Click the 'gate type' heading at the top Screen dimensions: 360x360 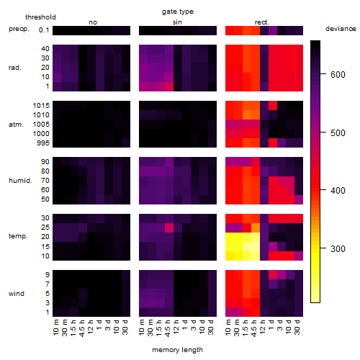(x=178, y=12)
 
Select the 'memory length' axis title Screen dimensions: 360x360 (x=177, y=350)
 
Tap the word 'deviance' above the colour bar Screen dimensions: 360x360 (x=341, y=29)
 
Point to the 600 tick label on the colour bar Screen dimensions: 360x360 (x=338, y=75)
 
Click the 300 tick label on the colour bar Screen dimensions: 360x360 (x=338, y=248)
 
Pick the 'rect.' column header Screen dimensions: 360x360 (x=261, y=22)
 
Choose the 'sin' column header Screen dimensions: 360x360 (x=177, y=22)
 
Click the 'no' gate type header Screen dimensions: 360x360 (x=93, y=22)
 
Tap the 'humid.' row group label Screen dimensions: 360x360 (x=20, y=181)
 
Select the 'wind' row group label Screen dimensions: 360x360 (x=17, y=294)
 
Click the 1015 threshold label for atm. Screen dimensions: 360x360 (x=41, y=105)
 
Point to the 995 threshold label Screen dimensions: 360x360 (x=43, y=143)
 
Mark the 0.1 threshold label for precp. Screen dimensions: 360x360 (x=44, y=30)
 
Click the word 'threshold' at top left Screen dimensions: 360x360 (x=40, y=17)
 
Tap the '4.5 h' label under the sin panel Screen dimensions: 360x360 (x=168, y=328)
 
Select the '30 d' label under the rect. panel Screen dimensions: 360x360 (x=297, y=328)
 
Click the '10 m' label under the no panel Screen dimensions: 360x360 (x=55, y=328)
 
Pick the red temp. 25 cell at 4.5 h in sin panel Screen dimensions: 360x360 (x=169, y=228)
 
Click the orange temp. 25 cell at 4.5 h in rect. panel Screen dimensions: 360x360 (x=256, y=228)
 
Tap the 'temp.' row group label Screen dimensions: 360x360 (x=18, y=236)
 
